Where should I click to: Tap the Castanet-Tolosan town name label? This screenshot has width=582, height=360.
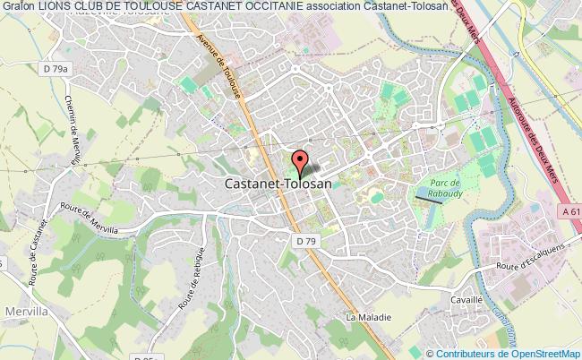pos(277,184)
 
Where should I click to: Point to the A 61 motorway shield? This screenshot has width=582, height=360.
pos(570,210)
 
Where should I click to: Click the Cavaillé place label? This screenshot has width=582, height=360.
pos(468,300)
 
